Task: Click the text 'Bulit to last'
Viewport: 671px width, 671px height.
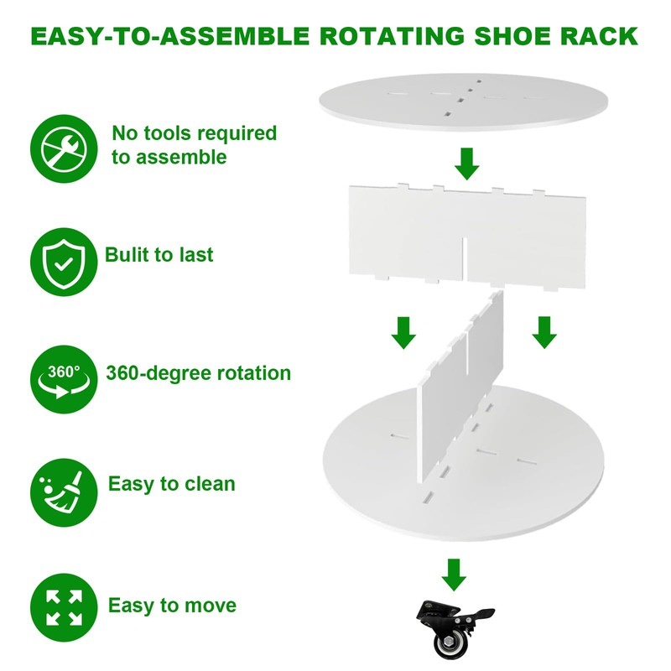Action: [159, 255]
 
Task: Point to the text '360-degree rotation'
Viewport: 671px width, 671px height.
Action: [199, 372]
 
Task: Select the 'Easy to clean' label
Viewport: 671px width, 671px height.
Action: [172, 484]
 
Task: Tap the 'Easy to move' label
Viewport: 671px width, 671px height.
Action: [172, 605]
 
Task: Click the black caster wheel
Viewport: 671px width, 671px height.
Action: [454, 634]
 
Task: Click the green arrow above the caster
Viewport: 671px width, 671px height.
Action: [454, 575]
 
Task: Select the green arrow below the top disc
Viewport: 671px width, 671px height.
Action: [467, 163]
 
